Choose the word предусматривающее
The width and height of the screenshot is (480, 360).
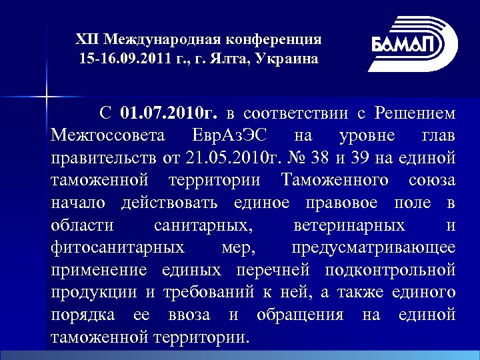(373, 249)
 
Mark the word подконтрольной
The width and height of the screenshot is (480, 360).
(391, 271)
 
